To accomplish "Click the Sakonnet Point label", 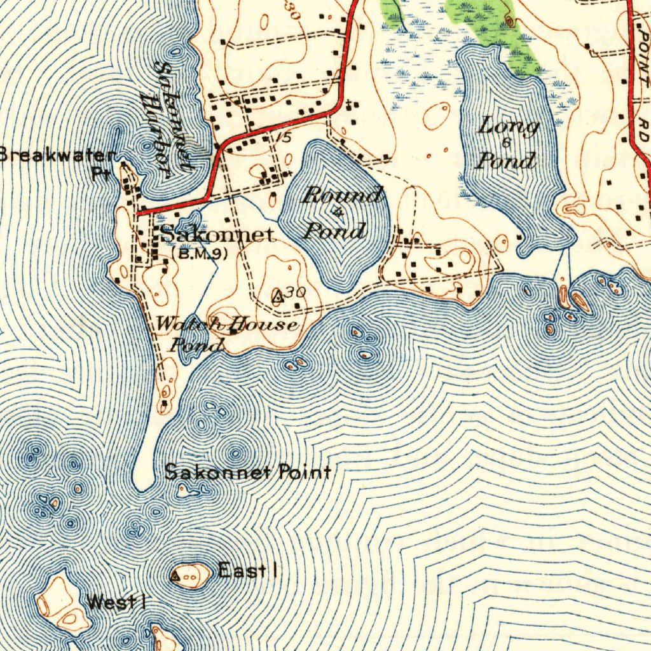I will point(247,472).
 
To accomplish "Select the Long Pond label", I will point(507,143).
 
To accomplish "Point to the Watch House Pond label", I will point(226,334).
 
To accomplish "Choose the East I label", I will point(247,571).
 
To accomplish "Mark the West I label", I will point(116,601).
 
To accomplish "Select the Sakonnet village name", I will point(217,235).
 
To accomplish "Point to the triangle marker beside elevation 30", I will point(277,296).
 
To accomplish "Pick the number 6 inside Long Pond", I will point(507,142).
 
